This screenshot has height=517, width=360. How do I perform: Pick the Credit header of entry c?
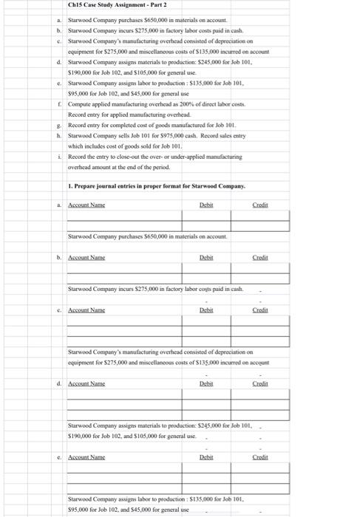tap(260, 311)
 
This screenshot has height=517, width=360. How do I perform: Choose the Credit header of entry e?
tap(260, 457)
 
